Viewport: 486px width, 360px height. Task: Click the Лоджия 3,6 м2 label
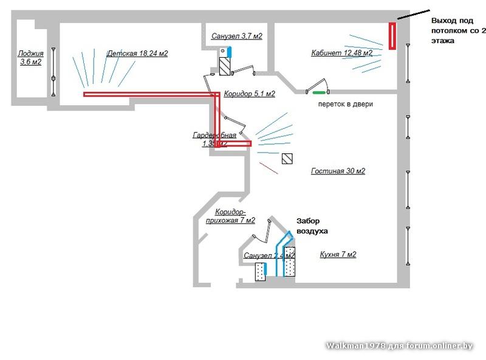coord(30,57)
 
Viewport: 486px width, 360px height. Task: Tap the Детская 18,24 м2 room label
coord(137,54)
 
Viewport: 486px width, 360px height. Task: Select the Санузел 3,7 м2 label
coord(236,36)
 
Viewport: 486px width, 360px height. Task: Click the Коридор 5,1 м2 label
coord(249,94)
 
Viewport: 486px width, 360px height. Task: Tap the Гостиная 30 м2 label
coord(338,171)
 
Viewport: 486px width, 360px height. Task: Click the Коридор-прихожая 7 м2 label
coord(230,216)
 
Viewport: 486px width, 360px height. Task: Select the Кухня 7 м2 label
coord(338,254)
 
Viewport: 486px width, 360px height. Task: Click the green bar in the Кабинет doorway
coord(318,92)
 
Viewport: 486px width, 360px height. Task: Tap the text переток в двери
coord(346,104)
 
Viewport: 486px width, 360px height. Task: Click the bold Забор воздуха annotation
coord(312,226)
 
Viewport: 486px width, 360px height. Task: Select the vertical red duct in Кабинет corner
coord(392,36)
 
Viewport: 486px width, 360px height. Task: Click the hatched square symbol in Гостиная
coord(287,159)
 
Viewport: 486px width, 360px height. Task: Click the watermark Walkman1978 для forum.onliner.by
coord(399,345)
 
